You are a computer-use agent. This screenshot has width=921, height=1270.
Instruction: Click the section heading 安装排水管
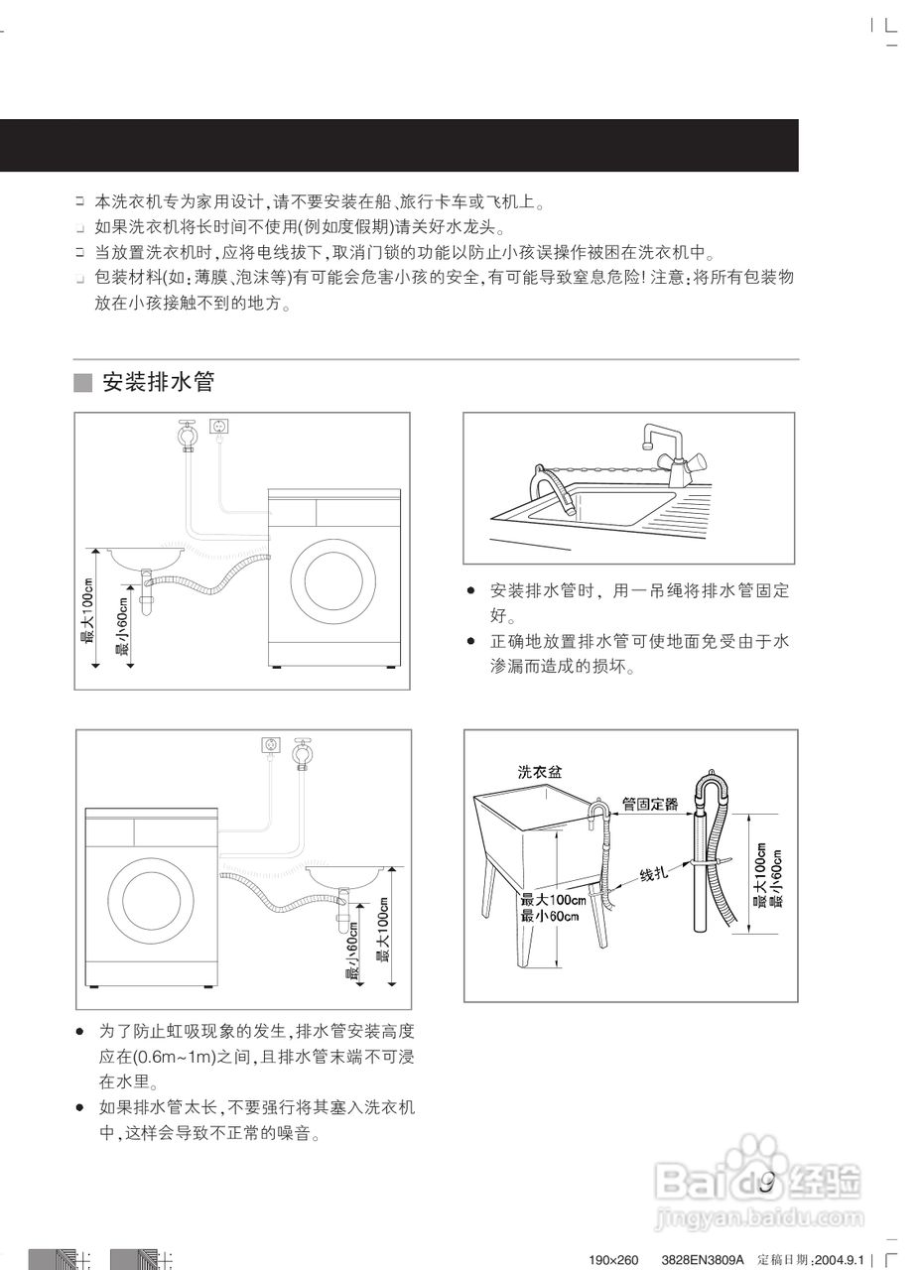(158, 382)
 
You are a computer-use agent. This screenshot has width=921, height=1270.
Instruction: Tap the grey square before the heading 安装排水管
(83, 383)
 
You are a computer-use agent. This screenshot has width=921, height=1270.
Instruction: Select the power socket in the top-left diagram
(218, 428)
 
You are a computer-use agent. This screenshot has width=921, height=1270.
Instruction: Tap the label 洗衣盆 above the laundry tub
(538, 772)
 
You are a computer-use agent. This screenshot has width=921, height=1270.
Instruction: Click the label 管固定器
(650, 804)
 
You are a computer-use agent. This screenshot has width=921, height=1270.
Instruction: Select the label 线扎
(652, 874)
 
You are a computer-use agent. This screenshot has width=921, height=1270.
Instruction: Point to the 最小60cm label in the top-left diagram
(123, 627)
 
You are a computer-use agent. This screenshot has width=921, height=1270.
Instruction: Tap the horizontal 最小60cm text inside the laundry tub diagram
(550, 916)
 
